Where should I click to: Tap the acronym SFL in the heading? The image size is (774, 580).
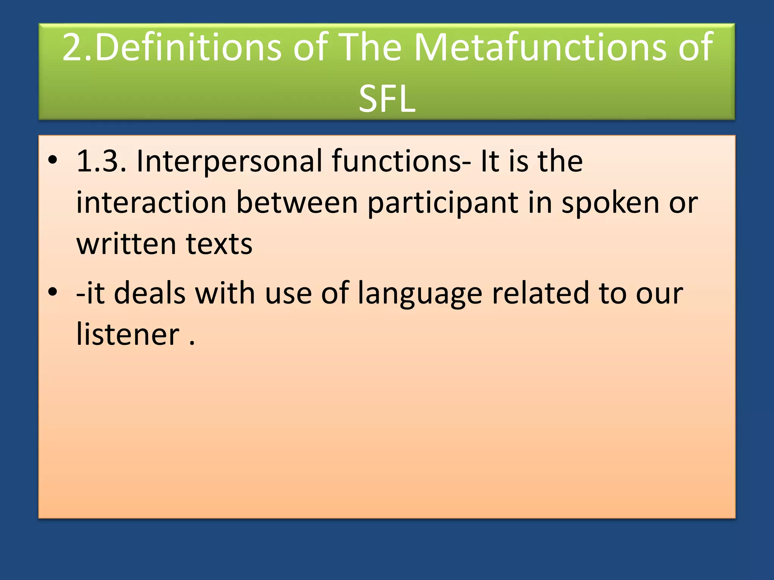(387, 99)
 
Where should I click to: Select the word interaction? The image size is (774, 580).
(151, 203)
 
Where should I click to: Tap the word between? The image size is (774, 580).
(297, 203)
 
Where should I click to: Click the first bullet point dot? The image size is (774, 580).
(53, 160)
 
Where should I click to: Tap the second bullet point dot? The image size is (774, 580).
(53, 292)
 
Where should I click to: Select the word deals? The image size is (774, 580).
(150, 293)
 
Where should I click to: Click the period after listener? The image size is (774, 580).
(192, 343)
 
